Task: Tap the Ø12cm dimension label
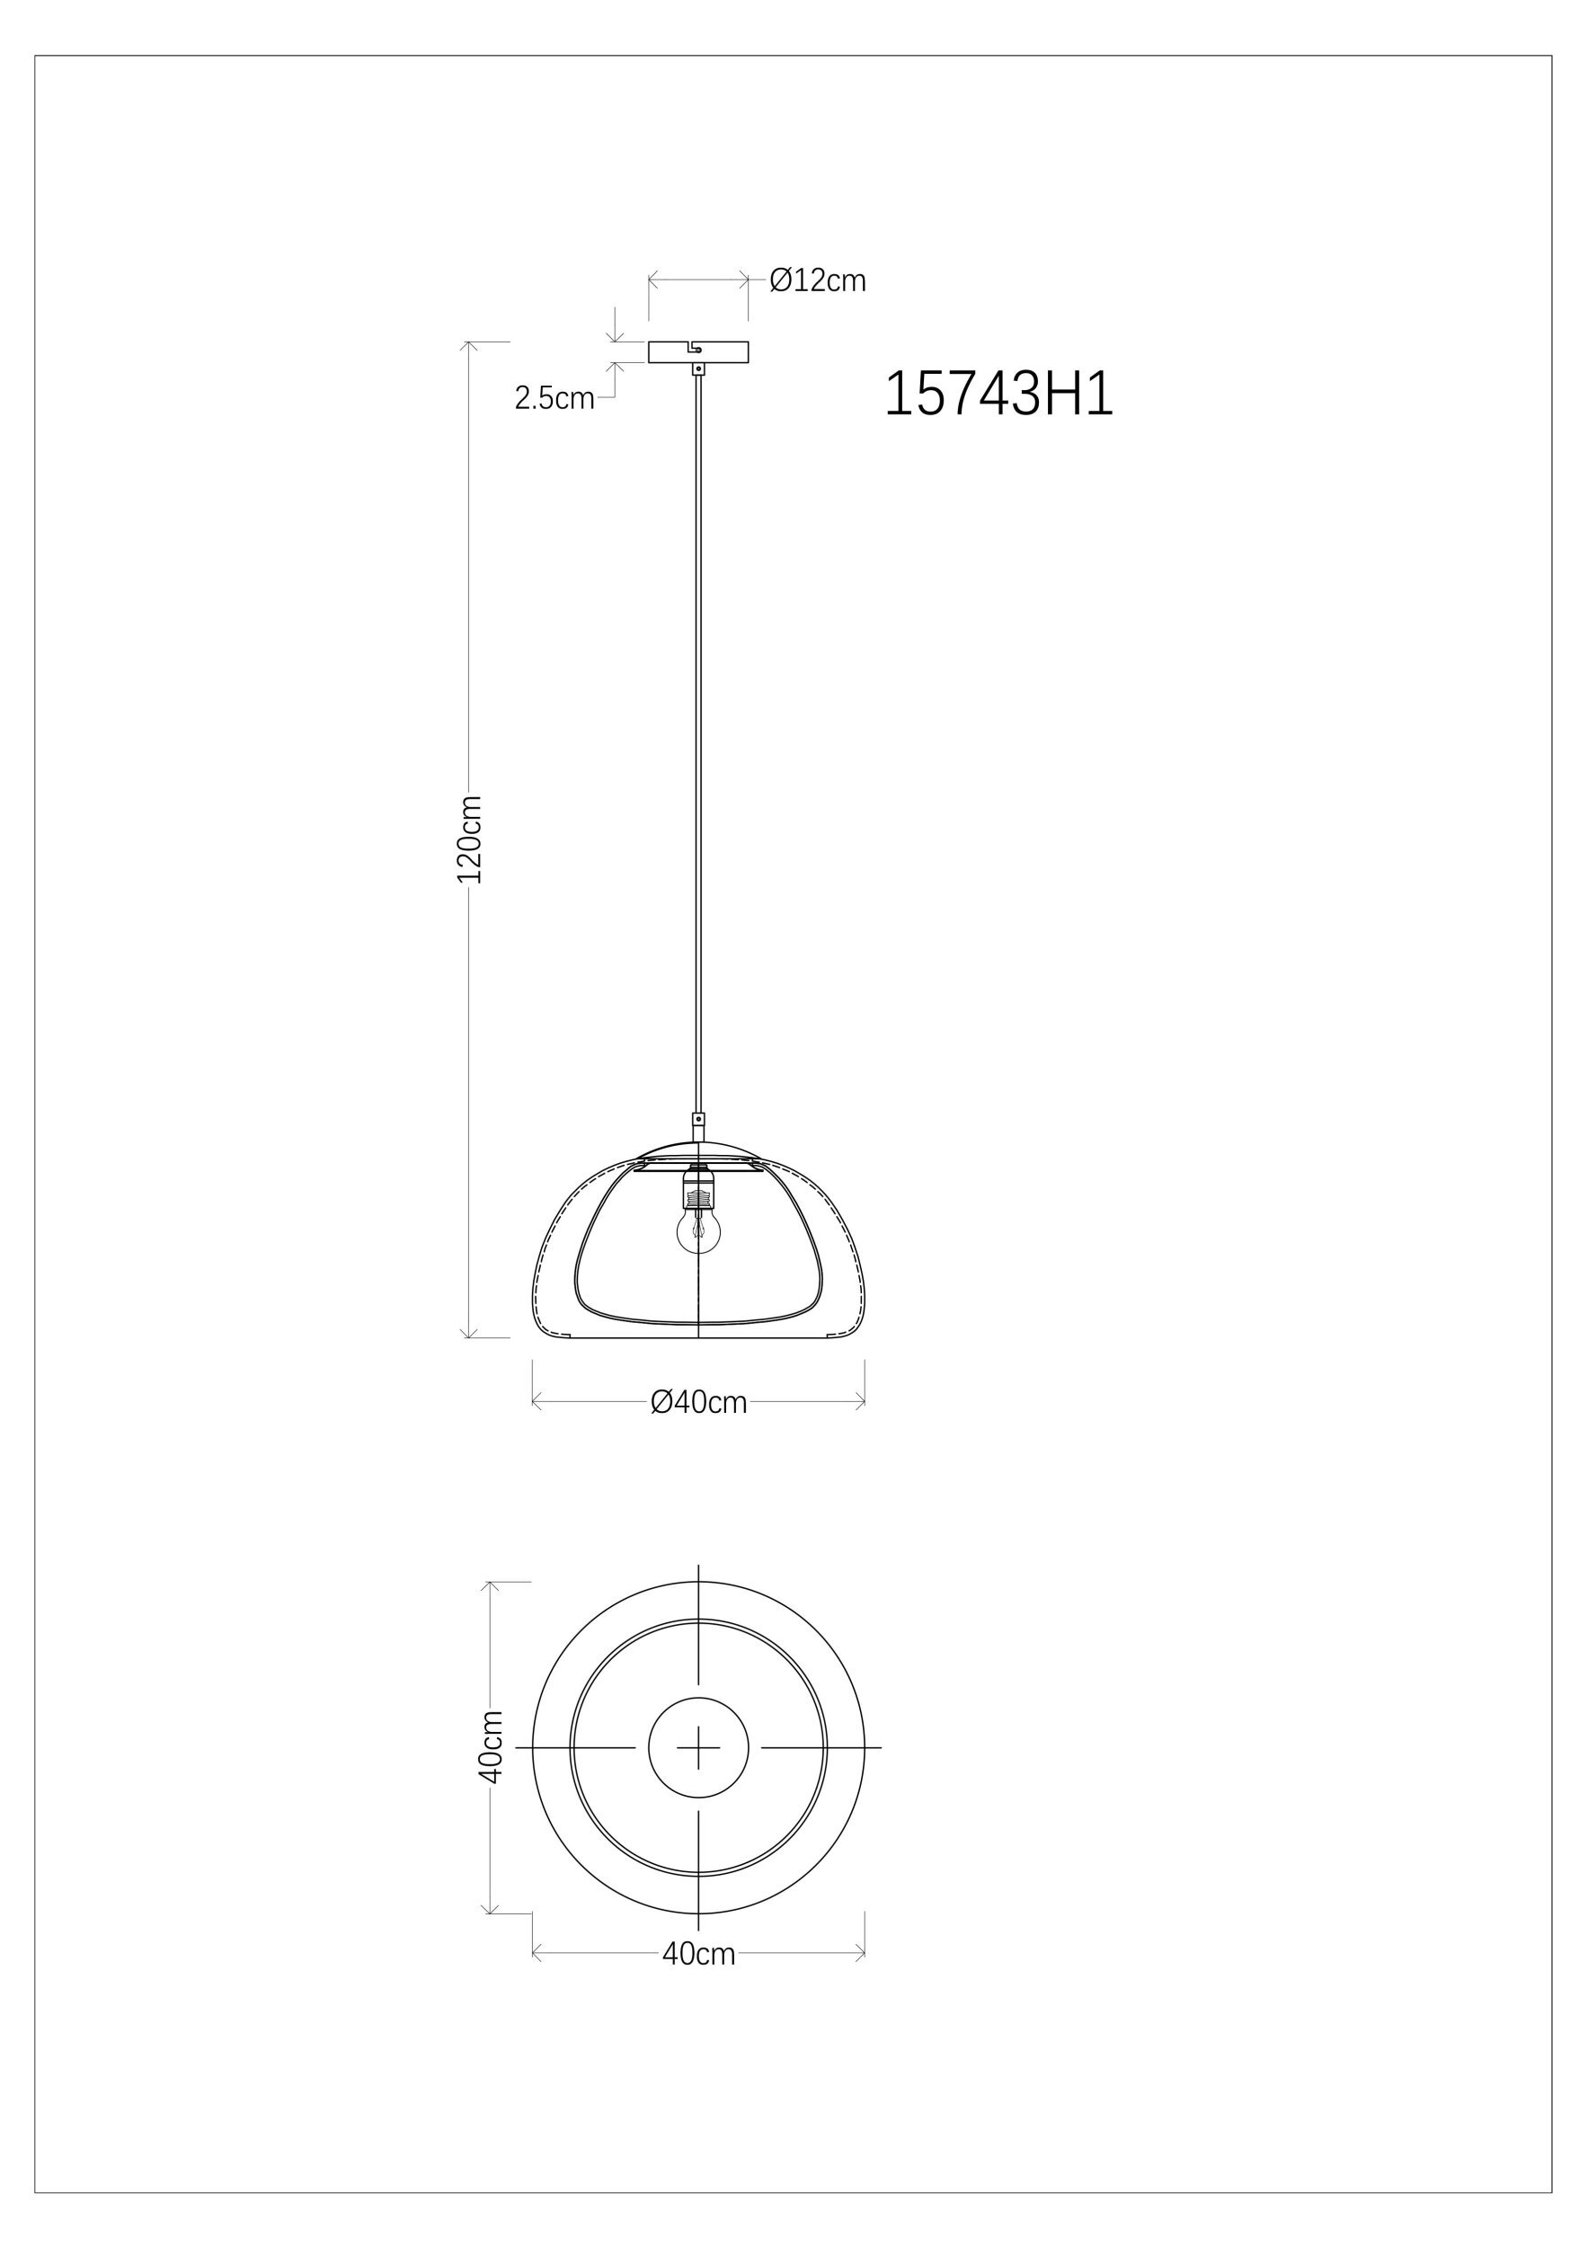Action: (818, 280)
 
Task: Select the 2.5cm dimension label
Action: (554, 398)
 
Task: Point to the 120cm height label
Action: (470, 839)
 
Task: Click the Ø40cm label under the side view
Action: (698, 1403)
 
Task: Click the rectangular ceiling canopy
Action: (698, 352)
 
